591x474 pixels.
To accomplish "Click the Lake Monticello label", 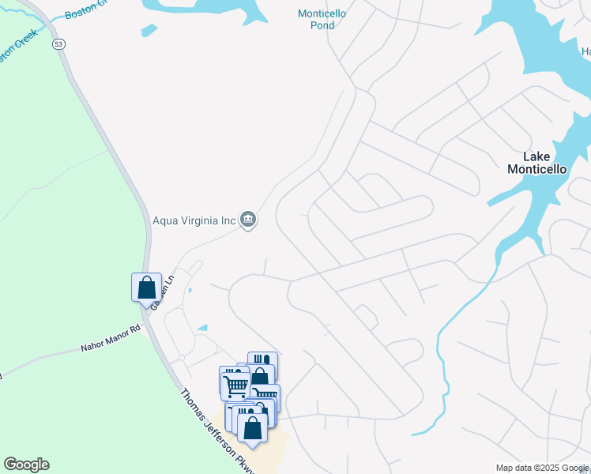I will (x=536, y=163).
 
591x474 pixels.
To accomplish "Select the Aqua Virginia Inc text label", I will (x=194, y=221).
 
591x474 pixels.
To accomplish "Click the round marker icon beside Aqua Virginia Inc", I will (x=248, y=220).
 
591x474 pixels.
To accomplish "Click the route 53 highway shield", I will (x=59, y=44).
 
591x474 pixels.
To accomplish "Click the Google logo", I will (x=26, y=465).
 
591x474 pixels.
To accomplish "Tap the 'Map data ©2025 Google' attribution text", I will (x=541, y=468).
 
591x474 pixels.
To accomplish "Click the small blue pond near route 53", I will (x=148, y=31).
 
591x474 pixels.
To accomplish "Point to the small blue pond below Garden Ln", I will (x=202, y=328).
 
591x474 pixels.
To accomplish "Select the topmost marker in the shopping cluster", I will (x=263, y=363).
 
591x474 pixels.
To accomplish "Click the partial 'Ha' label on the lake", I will (x=585, y=52).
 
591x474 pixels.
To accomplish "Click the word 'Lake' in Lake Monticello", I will (x=537, y=156).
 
